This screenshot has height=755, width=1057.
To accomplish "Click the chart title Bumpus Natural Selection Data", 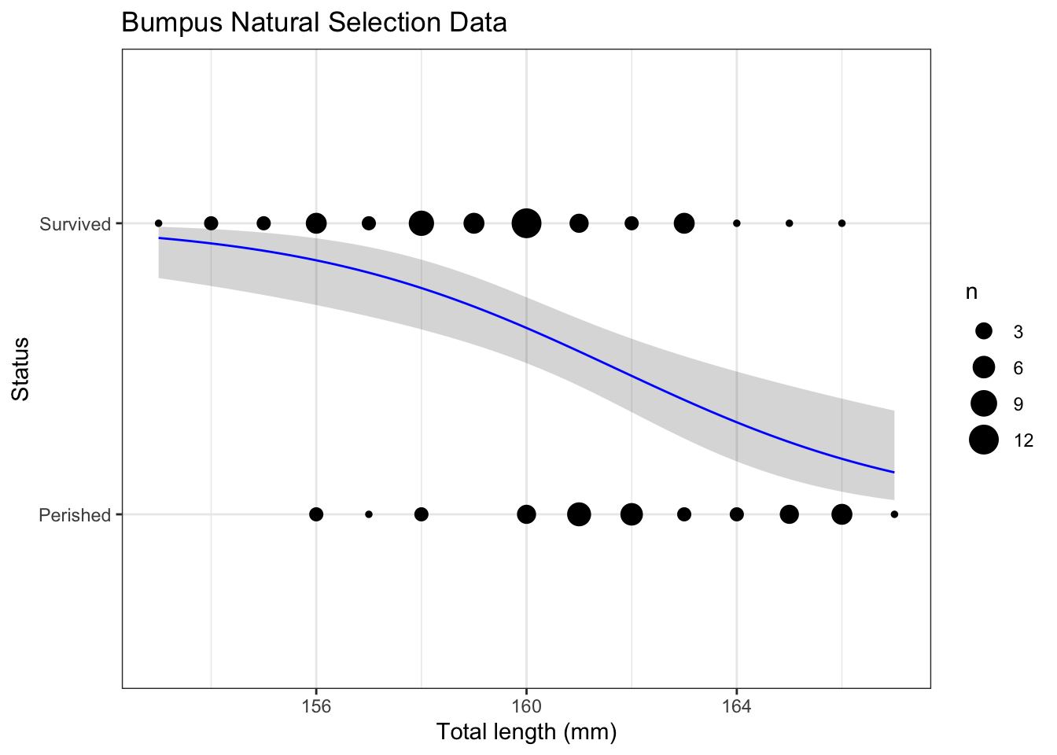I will pyautogui.click(x=314, y=23).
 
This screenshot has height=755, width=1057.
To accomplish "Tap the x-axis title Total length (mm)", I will pyautogui.click(x=526, y=732).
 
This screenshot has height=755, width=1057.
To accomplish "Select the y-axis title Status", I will pyautogui.click(x=21, y=369).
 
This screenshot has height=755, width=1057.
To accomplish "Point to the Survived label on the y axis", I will pyautogui.click(x=75, y=224).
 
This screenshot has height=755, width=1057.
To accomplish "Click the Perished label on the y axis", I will pyautogui.click(x=75, y=515).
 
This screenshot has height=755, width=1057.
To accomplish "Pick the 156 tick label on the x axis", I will pyautogui.click(x=316, y=706).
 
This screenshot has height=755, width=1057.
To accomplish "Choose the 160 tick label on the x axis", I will pyautogui.click(x=526, y=706).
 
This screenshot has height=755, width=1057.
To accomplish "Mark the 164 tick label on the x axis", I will pyautogui.click(x=736, y=706).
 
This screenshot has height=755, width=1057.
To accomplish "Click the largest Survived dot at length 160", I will pyautogui.click(x=526, y=223).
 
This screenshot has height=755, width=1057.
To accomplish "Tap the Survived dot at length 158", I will pyautogui.click(x=422, y=223).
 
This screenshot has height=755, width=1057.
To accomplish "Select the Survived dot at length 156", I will pyautogui.click(x=316, y=223).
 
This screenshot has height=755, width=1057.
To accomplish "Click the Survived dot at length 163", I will pyautogui.click(x=684, y=223).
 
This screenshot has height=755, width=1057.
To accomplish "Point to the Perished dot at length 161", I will pyautogui.click(x=579, y=514).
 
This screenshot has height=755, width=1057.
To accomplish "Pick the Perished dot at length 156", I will pyautogui.click(x=316, y=514).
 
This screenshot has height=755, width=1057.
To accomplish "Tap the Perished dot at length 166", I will pyautogui.click(x=842, y=514).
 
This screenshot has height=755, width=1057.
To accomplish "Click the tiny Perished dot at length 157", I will pyautogui.click(x=369, y=514).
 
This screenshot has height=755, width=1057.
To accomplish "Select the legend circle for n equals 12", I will pyautogui.click(x=983, y=440).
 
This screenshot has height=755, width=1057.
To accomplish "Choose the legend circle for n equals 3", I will pyautogui.click(x=983, y=332).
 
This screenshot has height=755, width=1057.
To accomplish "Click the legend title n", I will pyautogui.click(x=972, y=293).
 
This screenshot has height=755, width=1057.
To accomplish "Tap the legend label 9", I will pyautogui.click(x=1018, y=404).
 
